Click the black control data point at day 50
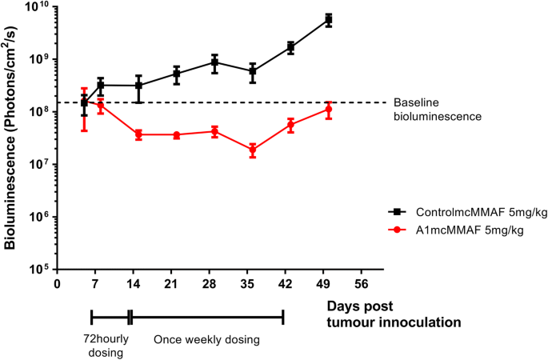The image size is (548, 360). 329,19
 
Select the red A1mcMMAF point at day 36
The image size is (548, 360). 253,150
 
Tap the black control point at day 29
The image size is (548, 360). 214,62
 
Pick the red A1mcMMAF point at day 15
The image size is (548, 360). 139,134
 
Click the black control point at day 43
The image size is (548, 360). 291,47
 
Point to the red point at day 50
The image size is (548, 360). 329,109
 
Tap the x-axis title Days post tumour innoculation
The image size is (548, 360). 394,314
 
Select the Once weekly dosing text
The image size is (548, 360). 207,339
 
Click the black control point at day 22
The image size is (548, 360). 177,74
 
